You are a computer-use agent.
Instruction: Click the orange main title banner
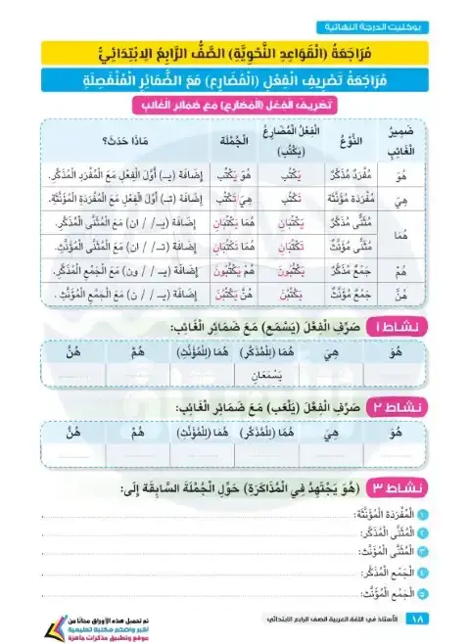pyautogui.click(x=234, y=52)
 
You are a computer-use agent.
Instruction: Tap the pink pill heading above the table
pyautogui.click(x=235, y=105)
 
